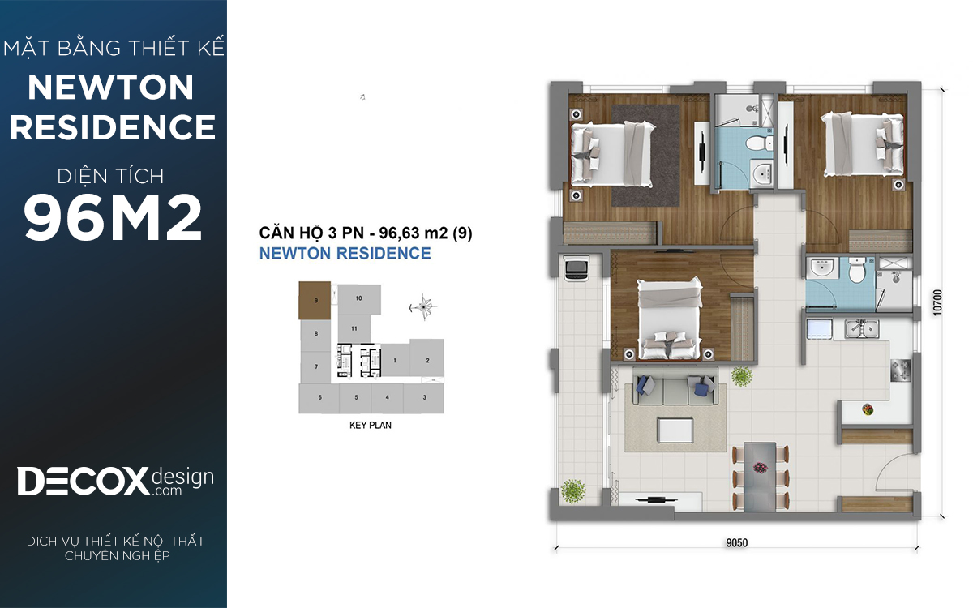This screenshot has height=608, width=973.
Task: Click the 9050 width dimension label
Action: click(737, 542)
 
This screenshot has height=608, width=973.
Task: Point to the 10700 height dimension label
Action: click(937, 302)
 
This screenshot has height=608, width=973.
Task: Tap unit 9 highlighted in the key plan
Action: click(315, 300)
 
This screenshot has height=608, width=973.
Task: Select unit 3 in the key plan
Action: click(424, 398)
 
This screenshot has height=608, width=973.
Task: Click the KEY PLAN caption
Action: click(370, 425)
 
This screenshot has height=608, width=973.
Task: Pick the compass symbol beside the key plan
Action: click(423, 307)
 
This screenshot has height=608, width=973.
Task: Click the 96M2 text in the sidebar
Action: click(113, 217)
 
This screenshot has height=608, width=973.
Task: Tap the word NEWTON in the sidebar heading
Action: click(111, 88)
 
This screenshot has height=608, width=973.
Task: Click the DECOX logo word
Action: click(83, 482)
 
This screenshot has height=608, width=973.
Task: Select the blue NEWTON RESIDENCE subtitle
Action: click(345, 253)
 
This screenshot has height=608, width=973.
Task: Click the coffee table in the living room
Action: click(675, 430)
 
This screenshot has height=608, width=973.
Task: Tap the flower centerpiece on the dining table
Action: click(760, 468)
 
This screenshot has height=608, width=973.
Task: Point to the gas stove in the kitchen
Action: click(900, 370)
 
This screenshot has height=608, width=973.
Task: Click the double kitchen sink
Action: click(862, 329)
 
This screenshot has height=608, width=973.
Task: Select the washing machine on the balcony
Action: click(576, 268)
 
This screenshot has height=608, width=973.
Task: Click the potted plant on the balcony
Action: click(573, 491)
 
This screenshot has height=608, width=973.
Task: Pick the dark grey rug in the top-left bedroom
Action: click(645, 156)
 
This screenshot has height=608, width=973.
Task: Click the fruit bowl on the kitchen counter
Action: click(868, 409)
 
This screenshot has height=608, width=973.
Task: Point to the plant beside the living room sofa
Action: click(742, 376)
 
